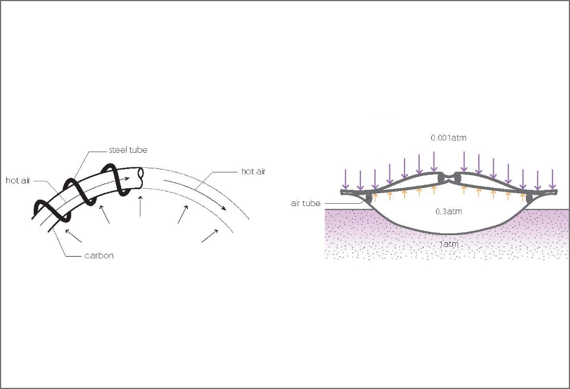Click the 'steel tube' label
(x=128, y=150)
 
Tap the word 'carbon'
(x=99, y=255)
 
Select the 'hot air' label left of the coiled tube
(x=18, y=181)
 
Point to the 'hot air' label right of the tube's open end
(x=254, y=171)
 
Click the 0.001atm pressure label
(x=449, y=138)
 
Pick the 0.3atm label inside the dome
(x=449, y=211)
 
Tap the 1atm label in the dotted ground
(x=449, y=244)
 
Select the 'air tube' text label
(x=306, y=203)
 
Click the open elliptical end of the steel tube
(x=142, y=178)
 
